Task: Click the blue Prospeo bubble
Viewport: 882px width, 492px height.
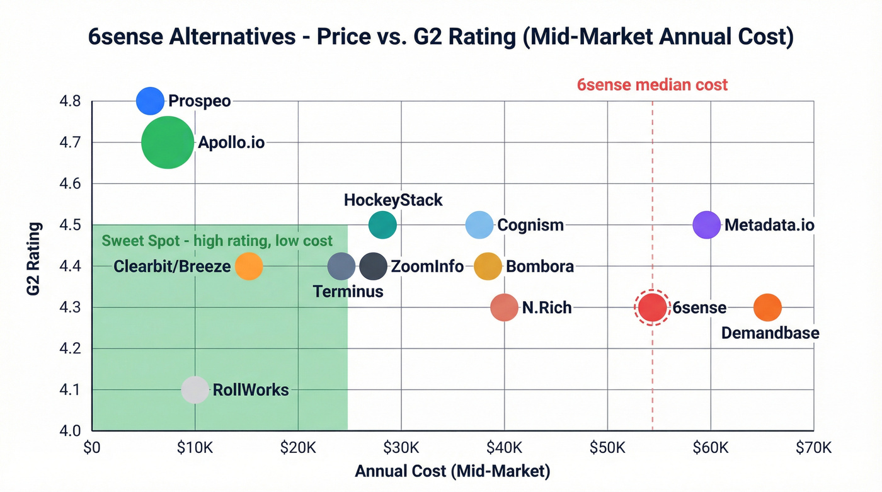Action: click(x=150, y=101)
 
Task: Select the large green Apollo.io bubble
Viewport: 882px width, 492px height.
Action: click(x=167, y=142)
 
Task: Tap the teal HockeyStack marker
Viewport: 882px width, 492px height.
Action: click(x=382, y=225)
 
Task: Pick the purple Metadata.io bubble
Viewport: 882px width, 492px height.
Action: click(x=706, y=225)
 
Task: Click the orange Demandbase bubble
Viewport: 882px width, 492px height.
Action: click(x=767, y=307)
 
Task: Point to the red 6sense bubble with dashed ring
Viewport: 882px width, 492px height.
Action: click(x=652, y=307)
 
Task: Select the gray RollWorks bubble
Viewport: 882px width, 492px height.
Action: click(x=195, y=390)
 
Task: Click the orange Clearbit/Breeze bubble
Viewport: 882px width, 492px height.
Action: click(x=249, y=266)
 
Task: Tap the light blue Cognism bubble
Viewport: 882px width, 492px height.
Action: click(x=479, y=225)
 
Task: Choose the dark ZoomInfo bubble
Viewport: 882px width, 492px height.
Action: click(x=373, y=266)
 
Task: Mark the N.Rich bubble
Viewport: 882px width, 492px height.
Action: click(x=504, y=307)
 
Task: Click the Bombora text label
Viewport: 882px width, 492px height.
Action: click(x=540, y=266)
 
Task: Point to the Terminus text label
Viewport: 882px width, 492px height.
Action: click(x=348, y=291)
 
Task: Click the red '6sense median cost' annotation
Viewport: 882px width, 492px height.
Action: click(x=652, y=84)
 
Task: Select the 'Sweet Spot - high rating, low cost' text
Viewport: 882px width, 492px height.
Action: click(x=217, y=241)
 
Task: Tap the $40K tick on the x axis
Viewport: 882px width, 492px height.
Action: click(x=504, y=448)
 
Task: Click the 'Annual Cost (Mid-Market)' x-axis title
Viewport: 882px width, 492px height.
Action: click(x=452, y=471)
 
